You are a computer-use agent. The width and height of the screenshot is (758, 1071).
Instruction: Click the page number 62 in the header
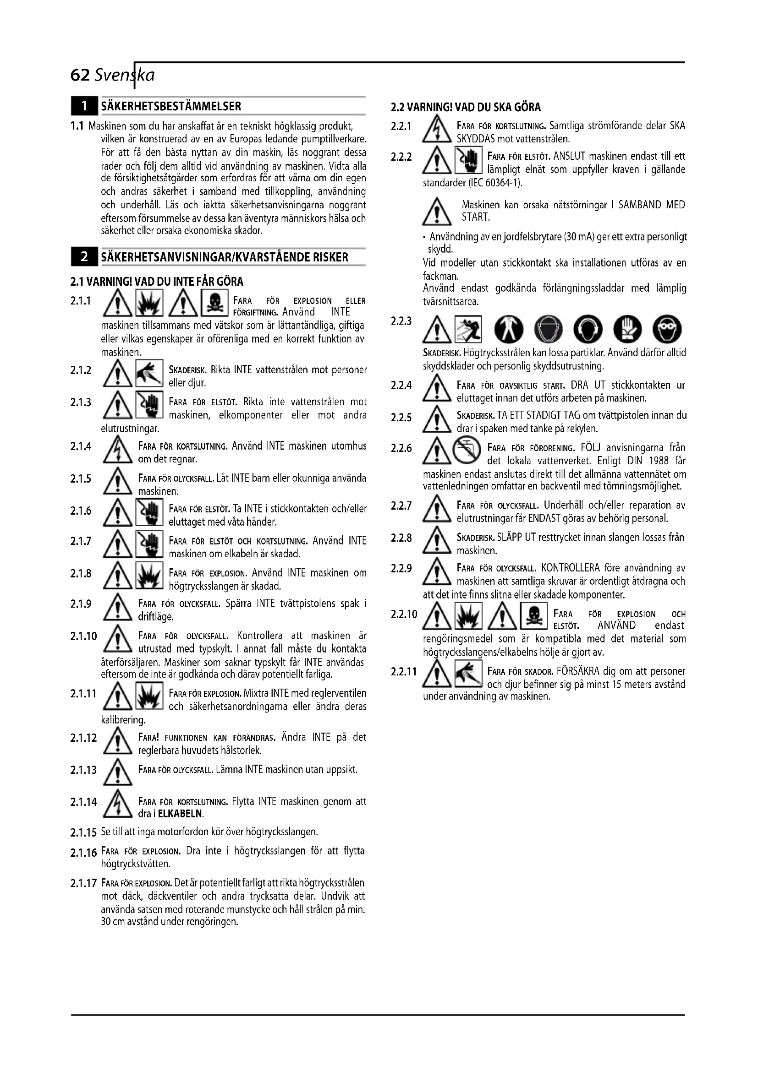(x=79, y=75)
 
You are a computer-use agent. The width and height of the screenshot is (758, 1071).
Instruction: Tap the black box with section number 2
(x=84, y=256)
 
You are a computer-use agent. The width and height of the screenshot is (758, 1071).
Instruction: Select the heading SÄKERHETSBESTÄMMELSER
(x=171, y=106)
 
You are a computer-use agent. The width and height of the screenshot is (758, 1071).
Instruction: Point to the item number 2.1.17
(x=83, y=883)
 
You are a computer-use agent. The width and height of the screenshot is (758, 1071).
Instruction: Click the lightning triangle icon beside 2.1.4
(x=118, y=452)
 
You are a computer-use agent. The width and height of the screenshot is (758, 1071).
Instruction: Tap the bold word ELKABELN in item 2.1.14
(x=181, y=814)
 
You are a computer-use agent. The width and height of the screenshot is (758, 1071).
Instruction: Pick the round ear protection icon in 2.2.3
(x=588, y=329)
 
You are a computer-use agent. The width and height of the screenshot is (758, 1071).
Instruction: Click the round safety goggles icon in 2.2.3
(x=667, y=329)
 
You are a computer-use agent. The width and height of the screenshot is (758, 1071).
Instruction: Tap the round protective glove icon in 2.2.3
(x=627, y=329)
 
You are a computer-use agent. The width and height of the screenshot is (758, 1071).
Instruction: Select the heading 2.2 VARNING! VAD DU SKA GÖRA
(x=465, y=107)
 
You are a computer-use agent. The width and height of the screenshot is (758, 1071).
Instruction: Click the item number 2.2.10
(x=404, y=614)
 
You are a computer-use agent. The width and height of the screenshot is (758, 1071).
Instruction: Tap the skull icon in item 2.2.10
(x=533, y=616)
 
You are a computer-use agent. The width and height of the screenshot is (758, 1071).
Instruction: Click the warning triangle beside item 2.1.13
(x=118, y=772)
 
